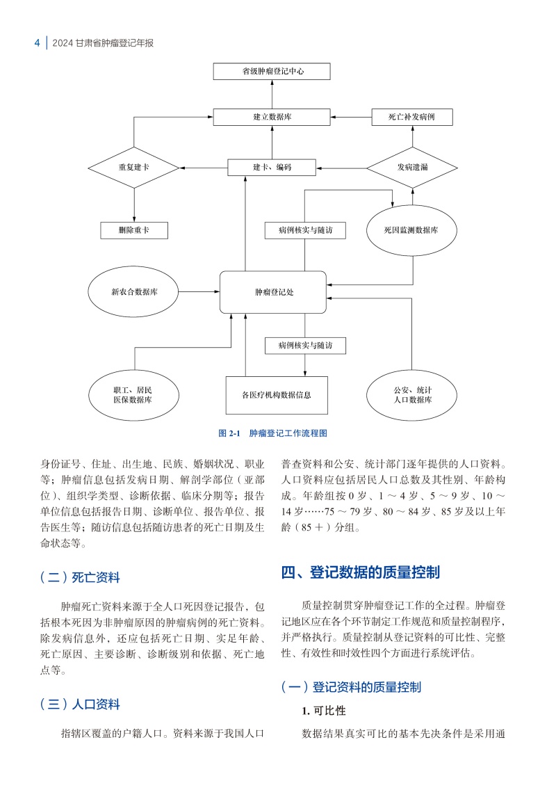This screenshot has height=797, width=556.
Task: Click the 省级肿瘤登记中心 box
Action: (x=272, y=71)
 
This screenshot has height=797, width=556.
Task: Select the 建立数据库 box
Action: (x=272, y=117)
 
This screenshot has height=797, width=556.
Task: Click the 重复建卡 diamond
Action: (x=134, y=168)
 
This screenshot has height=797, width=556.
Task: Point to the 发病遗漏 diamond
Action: (x=411, y=168)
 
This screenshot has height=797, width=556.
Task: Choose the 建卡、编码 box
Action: (x=272, y=168)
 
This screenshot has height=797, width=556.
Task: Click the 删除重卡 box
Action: (x=134, y=230)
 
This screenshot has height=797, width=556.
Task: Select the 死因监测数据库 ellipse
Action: (x=411, y=230)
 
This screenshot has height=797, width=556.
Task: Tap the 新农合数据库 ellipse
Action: (x=134, y=292)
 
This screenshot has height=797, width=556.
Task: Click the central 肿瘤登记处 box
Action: (x=272, y=292)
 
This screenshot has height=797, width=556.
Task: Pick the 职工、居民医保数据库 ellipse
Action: (x=134, y=395)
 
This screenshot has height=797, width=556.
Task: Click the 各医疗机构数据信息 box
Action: (x=276, y=395)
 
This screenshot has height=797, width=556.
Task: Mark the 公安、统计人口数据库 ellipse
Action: (x=412, y=395)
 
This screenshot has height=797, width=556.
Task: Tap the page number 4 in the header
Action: (x=37, y=43)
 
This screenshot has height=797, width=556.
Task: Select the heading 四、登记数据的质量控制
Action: (x=360, y=572)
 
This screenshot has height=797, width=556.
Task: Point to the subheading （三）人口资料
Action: (x=80, y=704)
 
